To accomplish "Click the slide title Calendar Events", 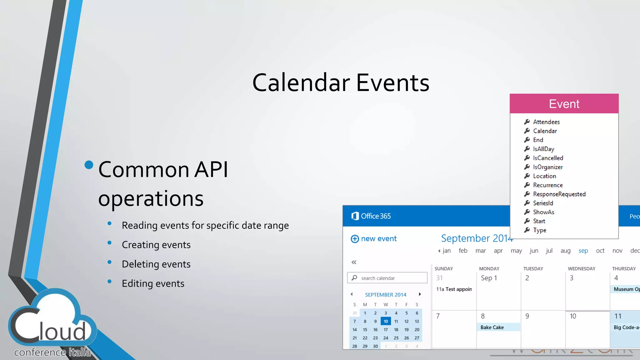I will tap(341, 82).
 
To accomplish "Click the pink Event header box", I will tap(564, 104).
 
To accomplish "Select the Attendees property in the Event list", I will tap(546, 122).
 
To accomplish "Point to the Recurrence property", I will tap(547, 185).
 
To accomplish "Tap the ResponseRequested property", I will tap(559, 194).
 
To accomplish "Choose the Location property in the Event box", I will tap(544, 176).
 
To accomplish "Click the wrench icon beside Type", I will tap(527, 230).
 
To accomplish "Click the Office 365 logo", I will tap(371, 216).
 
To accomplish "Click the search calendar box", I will tap(387, 278).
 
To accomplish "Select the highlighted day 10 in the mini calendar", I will tap(386, 321).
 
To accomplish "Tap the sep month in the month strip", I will tap(583, 251).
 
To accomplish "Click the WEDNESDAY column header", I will tap(581, 268).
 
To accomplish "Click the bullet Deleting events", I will tap(156, 264).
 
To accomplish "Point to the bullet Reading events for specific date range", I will tap(205, 225).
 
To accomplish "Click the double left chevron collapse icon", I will tap(354, 262).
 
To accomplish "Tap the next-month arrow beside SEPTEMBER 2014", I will tap(420, 294).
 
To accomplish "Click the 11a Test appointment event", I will tap(454, 289).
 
